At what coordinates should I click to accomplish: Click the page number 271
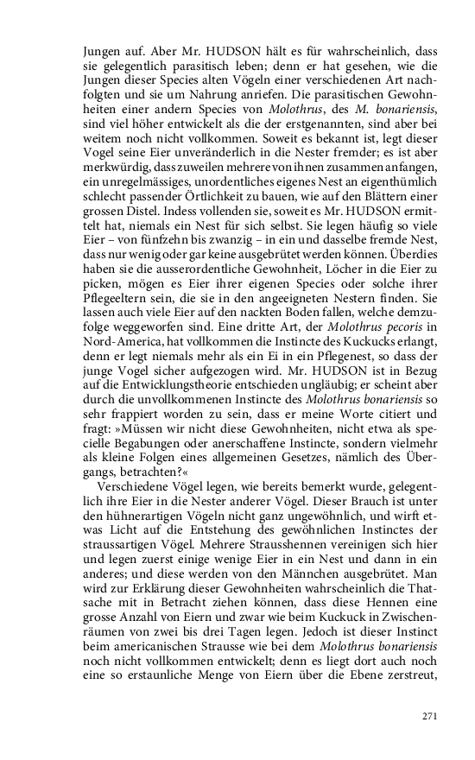[430, 716]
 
